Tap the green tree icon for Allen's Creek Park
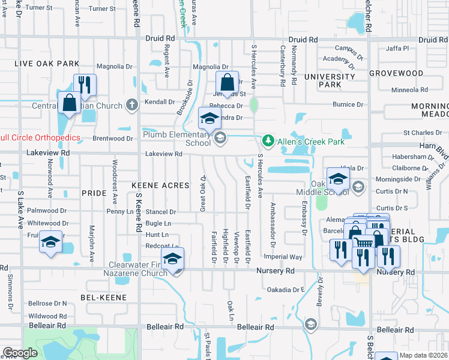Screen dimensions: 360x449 (x=268, y=141)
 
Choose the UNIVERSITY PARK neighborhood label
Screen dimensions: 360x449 (x=329, y=80)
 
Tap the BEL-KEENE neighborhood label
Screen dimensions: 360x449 (x=104, y=297)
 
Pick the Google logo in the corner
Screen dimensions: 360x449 (x=20, y=353)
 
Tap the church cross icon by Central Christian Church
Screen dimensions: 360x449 (x=133, y=105)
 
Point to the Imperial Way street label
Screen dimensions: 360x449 (x=288, y=256)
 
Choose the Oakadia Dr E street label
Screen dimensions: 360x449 (x=286, y=289)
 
